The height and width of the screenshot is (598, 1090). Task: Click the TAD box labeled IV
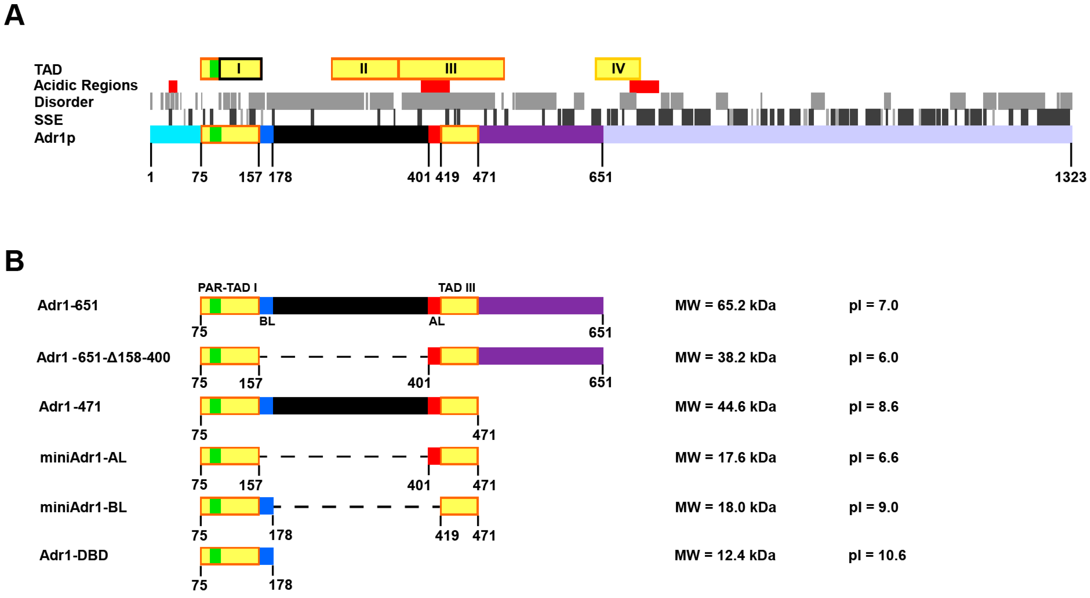(617, 68)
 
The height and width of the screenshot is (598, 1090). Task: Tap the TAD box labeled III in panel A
(451, 68)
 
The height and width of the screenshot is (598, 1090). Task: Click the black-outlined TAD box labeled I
(240, 68)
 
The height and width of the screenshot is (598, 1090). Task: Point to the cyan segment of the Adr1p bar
(175, 134)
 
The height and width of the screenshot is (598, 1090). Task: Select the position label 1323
(1070, 177)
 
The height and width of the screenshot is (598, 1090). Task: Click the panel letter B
(14, 261)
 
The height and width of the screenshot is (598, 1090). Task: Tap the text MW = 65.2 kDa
(725, 305)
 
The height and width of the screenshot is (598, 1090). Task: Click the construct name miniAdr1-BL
(83, 507)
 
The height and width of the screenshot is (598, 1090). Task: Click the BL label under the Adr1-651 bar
(267, 321)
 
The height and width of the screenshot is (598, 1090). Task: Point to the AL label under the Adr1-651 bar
(436, 321)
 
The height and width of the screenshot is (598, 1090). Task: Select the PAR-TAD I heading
(227, 288)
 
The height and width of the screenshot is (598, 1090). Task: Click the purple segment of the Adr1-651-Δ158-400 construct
(540, 356)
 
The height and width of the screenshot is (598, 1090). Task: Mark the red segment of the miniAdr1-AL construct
(434, 456)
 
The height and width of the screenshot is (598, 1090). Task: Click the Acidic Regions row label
(86, 86)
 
